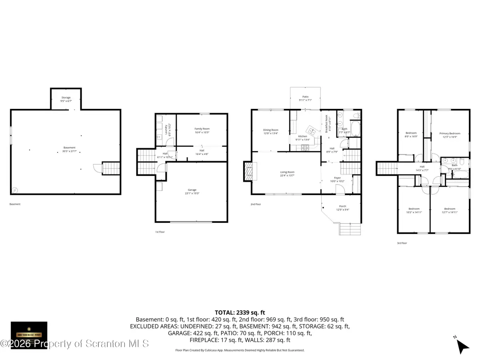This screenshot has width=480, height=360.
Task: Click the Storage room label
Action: pyautogui.click(x=66, y=98)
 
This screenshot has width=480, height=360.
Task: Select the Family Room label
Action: pyautogui.click(x=202, y=129)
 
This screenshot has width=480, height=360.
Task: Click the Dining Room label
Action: pyautogui.click(x=270, y=130)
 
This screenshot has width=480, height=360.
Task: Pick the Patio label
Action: pyautogui.click(x=305, y=97)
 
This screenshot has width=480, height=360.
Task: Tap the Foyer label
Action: pyautogui.click(x=338, y=178)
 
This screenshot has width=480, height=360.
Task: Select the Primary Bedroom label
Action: pyautogui.click(x=450, y=134)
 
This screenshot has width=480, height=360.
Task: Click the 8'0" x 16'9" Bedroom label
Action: pyautogui.click(x=411, y=133)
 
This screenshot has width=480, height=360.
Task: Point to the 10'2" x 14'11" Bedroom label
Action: pyautogui.click(x=414, y=209)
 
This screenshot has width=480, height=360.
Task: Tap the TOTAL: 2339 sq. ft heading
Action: pyautogui.click(x=240, y=312)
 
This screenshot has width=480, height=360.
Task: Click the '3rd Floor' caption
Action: pyautogui.click(x=402, y=243)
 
